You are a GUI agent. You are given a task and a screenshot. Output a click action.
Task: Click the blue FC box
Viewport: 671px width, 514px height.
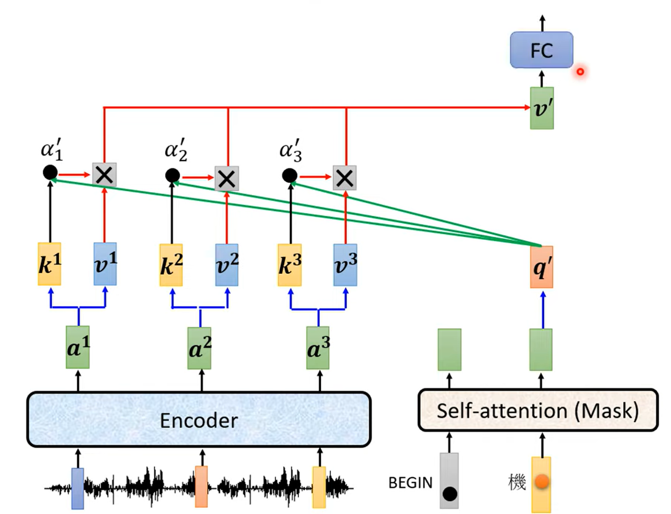tap(542, 50)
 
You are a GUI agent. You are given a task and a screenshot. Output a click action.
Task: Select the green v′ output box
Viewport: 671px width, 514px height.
tap(542, 108)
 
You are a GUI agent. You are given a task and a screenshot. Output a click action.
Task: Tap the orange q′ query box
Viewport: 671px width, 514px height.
tap(542, 267)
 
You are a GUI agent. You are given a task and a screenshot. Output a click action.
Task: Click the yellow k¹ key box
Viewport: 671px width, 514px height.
tap(49, 264)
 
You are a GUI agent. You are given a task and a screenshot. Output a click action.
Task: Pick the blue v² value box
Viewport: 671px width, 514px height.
tap(227, 265)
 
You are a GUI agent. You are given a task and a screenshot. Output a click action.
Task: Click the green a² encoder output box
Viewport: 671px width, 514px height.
tap(200, 348)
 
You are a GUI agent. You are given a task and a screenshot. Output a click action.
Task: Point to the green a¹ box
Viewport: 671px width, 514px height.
tap(78, 347)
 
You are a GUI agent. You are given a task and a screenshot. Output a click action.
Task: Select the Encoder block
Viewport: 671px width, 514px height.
tap(199, 420)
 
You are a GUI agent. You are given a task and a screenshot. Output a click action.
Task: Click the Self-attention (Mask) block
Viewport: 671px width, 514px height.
tap(538, 410)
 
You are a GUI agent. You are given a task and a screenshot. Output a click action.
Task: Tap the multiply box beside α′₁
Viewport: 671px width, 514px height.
tap(104, 174)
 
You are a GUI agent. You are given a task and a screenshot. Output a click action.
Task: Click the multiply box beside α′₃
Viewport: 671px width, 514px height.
tap(344, 177)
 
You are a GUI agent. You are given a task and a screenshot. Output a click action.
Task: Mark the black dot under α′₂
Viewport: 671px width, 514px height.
tap(172, 176)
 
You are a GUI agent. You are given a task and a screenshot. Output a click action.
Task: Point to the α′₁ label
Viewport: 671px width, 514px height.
tap(52, 150)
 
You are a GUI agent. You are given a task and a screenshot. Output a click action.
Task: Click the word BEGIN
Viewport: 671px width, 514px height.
tap(410, 483)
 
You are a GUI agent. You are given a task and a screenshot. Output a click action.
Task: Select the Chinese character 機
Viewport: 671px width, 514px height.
tap(517, 482)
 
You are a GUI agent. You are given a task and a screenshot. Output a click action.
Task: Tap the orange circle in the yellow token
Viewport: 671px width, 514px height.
tap(542, 481)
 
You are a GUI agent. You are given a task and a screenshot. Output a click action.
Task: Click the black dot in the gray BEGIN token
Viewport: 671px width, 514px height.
tap(450, 494)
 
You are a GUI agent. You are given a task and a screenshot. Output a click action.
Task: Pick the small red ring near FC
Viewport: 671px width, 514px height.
tap(580, 72)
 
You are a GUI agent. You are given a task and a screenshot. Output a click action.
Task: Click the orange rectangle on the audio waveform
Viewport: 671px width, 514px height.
tap(201, 486)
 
